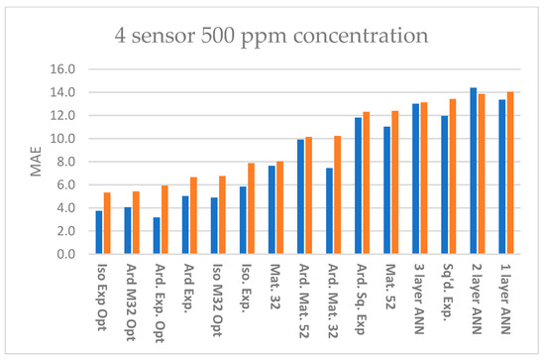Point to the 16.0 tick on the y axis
(62, 69)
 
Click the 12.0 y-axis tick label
(62, 116)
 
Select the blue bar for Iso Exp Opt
(99, 232)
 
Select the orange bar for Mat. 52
(395, 182)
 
